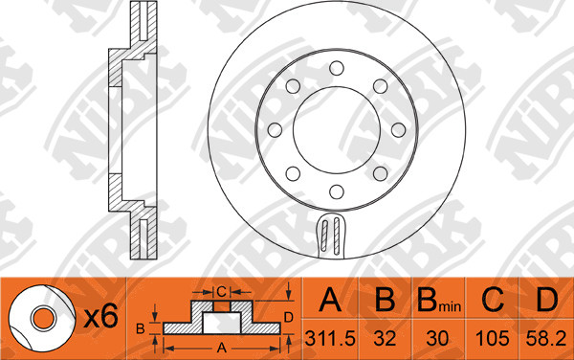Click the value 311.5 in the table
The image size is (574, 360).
click(x=330, y=338)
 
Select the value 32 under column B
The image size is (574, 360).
click(x=385, y=338)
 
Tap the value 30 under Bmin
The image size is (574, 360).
click(x=437, y=338)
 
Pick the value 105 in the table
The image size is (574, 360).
click(x=492, y=338)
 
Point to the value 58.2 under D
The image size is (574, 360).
click(x=546, y=338)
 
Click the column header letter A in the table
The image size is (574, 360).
click(x=330, y=300)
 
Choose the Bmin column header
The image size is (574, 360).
click(x=439, y=300)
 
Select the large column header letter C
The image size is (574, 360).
click(x=493, y=300)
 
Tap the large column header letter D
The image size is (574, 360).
click(x=546, y=300)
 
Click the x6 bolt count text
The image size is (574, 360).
click(x=101, y=316)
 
